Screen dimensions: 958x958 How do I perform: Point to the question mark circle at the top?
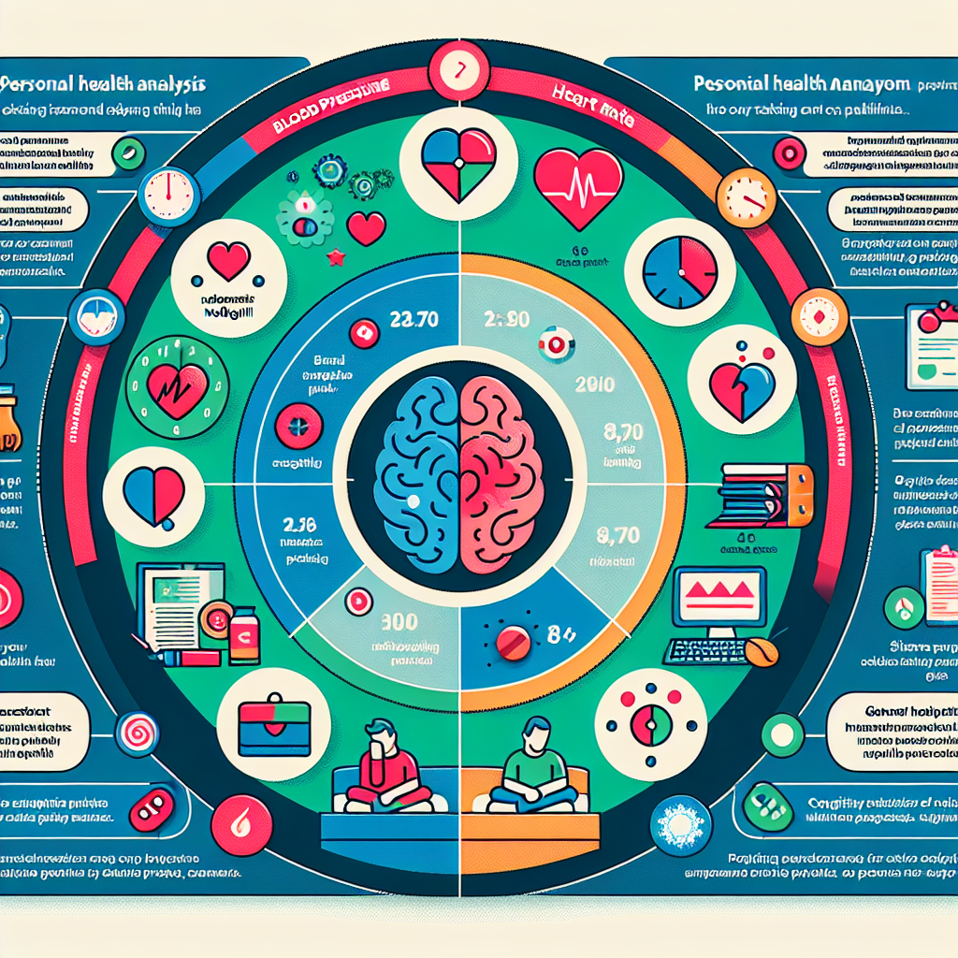tap(459, 68)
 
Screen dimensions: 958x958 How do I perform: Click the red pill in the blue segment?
tap(514, 641)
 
